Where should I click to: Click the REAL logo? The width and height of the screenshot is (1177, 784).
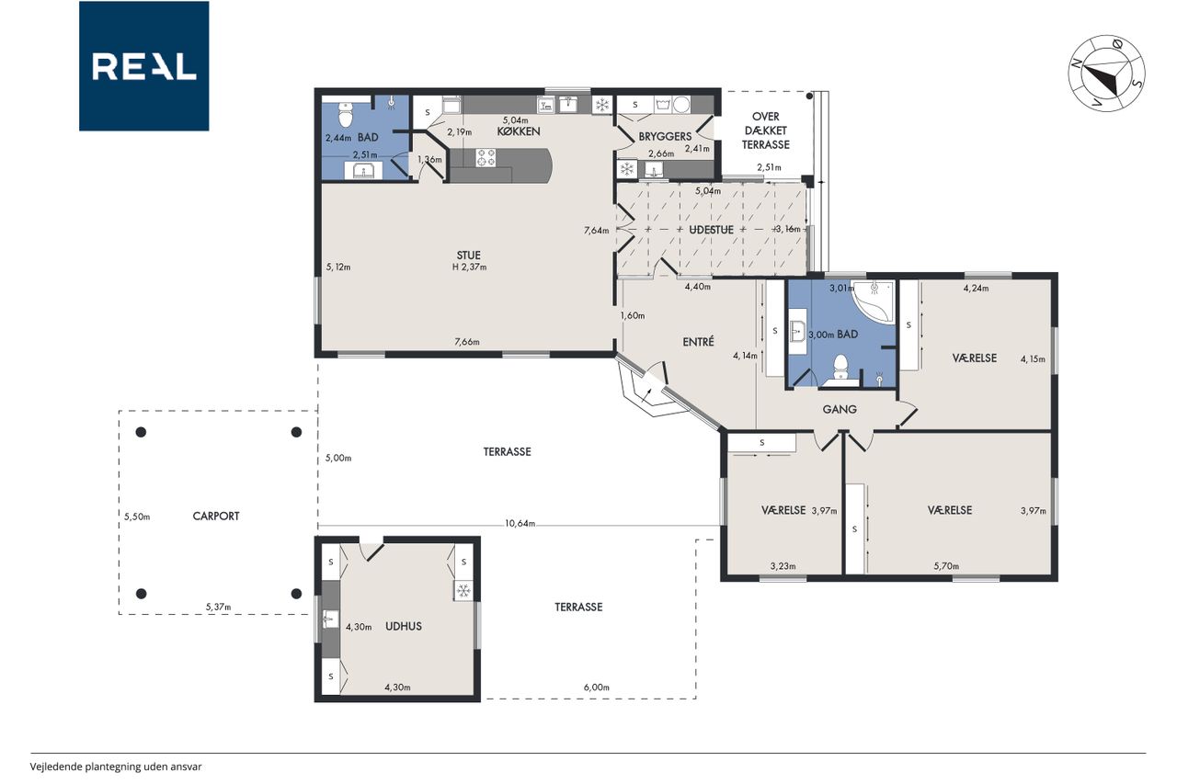(144, 66)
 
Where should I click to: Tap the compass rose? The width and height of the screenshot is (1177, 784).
(1106, 74)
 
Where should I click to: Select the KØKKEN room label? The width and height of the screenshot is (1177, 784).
(519, 131)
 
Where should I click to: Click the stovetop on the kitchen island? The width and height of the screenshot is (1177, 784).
(486, 157)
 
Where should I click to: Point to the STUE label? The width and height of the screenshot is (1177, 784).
(468, 256)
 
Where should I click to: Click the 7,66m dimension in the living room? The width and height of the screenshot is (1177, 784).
(467, 342)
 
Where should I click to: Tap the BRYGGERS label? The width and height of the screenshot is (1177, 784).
(665, 137)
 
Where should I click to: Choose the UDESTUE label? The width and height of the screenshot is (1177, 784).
(711, 230)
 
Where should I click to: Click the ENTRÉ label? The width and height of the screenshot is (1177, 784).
(698, 341)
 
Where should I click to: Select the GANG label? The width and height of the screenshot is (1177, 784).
(840, 409)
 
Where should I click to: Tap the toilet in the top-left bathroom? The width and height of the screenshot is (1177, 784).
(345, 114)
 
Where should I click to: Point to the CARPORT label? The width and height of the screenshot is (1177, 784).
(216, 517)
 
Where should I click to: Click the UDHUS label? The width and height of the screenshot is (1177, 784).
(404, 626)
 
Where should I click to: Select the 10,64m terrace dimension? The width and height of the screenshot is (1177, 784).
(520, 523)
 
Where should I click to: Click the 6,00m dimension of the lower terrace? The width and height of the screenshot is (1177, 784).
(597, 687)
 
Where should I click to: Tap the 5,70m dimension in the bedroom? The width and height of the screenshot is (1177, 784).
(946, 566)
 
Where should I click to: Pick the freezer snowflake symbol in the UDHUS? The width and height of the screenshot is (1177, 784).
(463, 591)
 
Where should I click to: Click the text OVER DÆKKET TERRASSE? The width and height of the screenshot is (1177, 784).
(766, 131)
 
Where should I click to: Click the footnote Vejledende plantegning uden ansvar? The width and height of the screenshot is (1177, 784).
(116, 767)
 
